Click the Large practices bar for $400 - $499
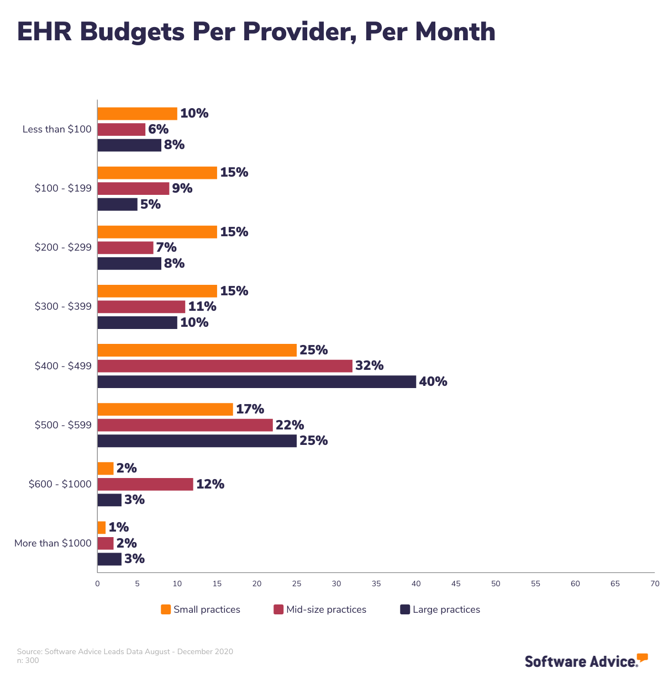(257, 381)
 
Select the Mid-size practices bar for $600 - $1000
(145, 484)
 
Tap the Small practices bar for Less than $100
(137, 114)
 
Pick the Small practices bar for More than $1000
(102, 527)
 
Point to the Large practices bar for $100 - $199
(117, 204)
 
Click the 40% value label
(433, 381)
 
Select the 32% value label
(369, 365)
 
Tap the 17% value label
(250, 409)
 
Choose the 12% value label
(210, 484)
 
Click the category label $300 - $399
(63, 306)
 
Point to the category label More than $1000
(53, 543)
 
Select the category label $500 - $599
(63, 425)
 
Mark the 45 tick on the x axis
(456, 583)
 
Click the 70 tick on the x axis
(655, 583)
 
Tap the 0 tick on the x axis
(98, 583)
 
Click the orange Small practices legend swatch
(166, 609)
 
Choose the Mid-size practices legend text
(326, 609)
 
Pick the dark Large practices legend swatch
(405, 609)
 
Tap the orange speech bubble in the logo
(642, 657)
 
